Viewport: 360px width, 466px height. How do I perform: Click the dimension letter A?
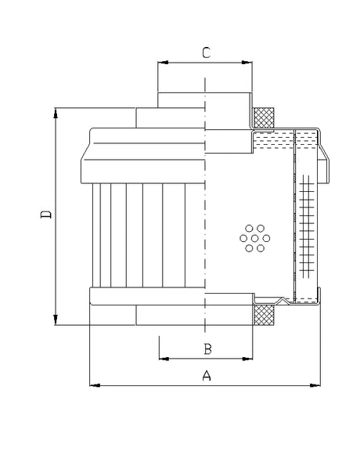pos(207,375)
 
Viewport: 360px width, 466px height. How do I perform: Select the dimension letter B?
pos(207,348)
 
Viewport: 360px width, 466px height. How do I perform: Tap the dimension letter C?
pos(206,52)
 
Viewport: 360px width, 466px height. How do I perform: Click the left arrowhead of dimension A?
pos(94,385)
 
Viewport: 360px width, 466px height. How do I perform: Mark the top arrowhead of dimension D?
pos(56,114)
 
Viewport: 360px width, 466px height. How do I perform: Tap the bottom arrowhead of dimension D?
pos(56,320)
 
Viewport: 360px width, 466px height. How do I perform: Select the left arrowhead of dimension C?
pos(162,61)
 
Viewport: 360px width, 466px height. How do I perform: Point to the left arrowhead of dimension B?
pos(162,358)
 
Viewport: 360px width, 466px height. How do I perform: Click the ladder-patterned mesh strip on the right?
pos(306,227)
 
